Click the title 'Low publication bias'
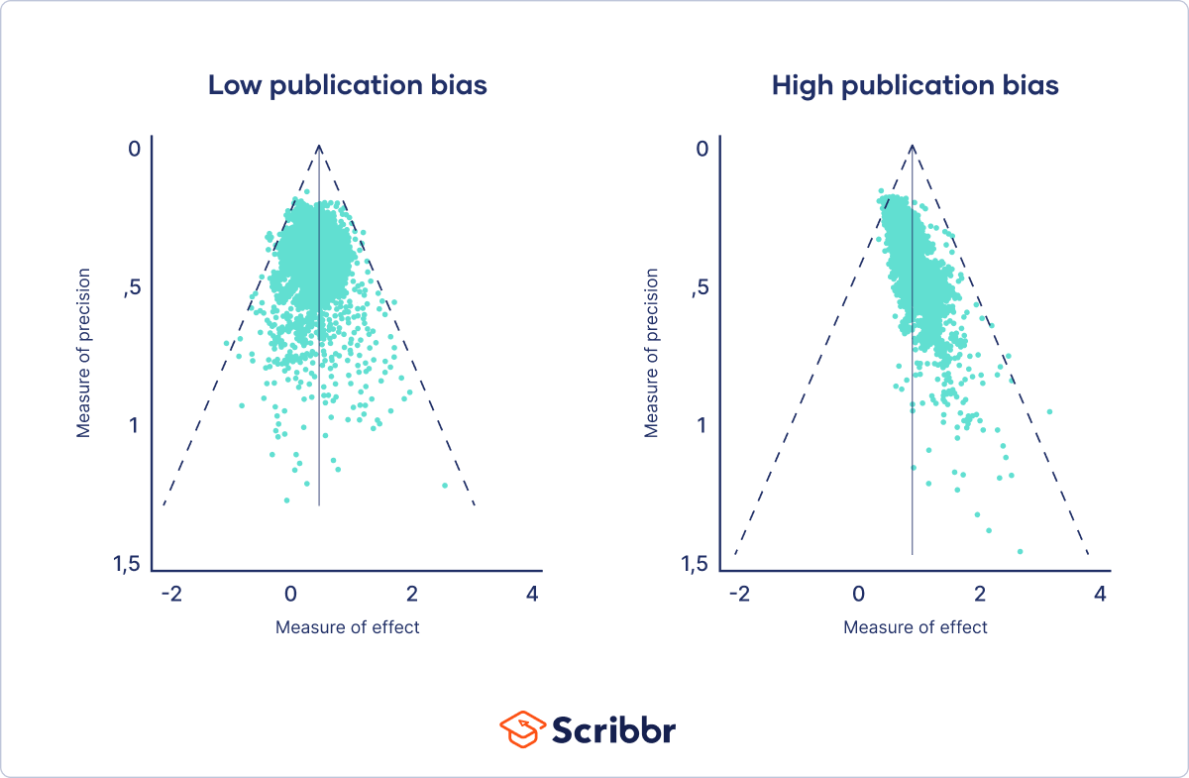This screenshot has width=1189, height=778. tap(347, 85)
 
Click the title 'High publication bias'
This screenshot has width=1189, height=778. tap(915, 85)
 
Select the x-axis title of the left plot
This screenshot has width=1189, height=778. tap(347, 627)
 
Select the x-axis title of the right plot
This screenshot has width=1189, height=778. tap(916, 627)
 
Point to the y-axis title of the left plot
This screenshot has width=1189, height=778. tap(84, 352)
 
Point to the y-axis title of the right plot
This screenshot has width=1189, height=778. tap(652, 352)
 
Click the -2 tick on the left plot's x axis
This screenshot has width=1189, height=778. tap(171, 595)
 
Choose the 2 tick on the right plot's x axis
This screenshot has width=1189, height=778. tap(980, 595)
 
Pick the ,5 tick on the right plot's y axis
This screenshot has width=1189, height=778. tap(701, 287)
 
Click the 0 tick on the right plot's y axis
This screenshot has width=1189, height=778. tap(703, 149)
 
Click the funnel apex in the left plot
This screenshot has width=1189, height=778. tap(319, 146)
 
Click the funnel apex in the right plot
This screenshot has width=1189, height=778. tap(912, 146)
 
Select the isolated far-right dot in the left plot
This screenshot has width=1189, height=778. tap(445, 486)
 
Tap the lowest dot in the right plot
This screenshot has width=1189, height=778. tap(1020, 551)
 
